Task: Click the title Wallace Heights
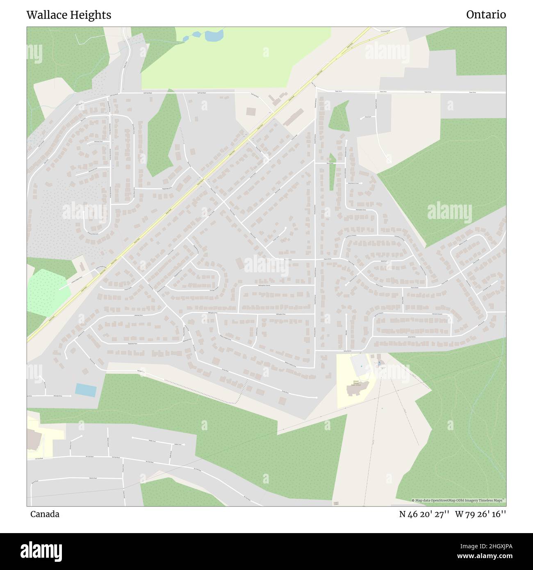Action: [x=68, y=15]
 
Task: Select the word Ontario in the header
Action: [x=486, y=15]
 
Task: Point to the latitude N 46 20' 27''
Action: [x=424, y=514]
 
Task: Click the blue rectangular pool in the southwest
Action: [x=86, y=390]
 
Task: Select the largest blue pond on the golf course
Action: [x=214, y=35]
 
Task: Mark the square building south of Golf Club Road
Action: [x=251, y=111]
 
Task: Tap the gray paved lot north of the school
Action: [x=360, y=364]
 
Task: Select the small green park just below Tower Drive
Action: [x=339, y=116]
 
